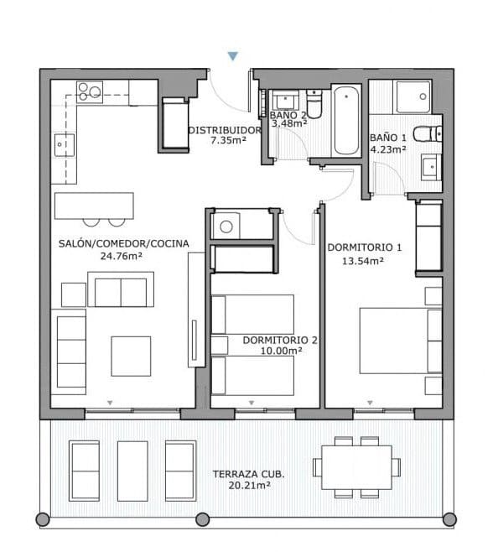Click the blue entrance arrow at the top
[233, 56]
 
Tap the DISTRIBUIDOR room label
[225, 130]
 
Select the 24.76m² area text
[123, 256]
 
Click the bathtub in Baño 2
[345, 121]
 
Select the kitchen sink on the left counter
[60, 145]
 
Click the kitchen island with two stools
[94, 205]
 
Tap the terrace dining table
[355, 463]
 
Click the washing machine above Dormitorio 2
[226, 225]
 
